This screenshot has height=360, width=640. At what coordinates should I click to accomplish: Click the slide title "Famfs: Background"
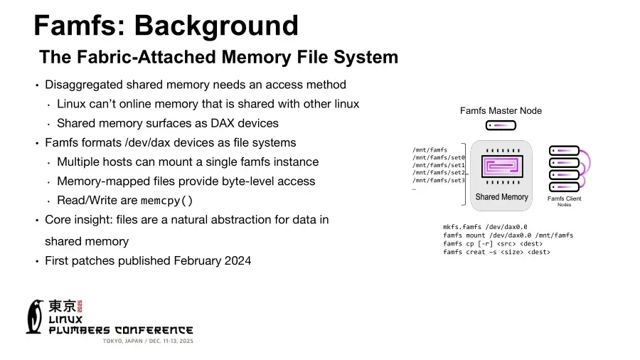(166, 26)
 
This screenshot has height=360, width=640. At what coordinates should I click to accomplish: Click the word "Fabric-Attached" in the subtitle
(143, 57)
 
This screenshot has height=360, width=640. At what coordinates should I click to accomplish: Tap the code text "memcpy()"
(166, 201)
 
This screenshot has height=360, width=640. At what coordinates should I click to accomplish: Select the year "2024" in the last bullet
(236, 260)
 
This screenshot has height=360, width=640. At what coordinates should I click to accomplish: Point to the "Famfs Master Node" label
(501, 110)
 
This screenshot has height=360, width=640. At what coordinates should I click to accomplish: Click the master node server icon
(501, 125)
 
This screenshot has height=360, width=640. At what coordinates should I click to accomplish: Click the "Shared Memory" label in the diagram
(501, 197)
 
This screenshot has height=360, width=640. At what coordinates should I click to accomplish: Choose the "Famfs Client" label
(564, 198)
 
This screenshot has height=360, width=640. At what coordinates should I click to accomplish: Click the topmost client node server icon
(563, 150)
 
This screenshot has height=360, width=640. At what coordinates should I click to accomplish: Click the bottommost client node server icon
(563, 186)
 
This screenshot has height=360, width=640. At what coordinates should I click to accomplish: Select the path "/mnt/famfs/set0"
(439, 157)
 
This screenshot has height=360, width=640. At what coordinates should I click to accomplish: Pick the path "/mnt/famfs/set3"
(439, 180)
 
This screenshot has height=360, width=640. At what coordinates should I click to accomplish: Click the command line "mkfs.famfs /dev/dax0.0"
(485, 227)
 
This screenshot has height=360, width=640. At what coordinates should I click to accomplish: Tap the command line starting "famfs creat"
(496, 252)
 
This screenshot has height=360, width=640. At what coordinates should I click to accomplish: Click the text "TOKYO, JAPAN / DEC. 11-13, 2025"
(148, 342)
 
